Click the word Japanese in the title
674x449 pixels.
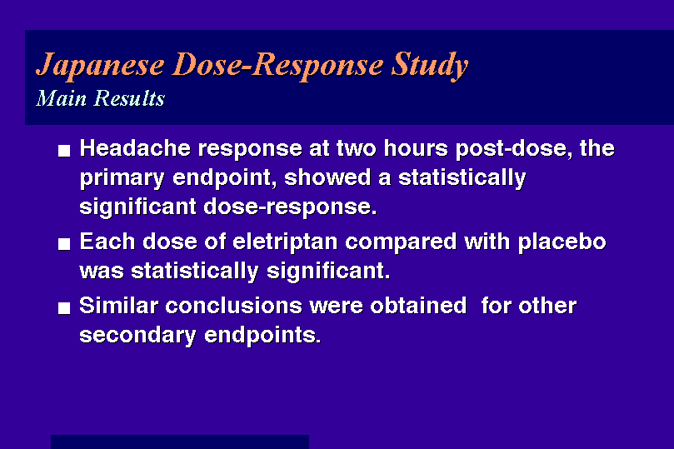point(100,65)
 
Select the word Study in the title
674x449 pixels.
point(430,65)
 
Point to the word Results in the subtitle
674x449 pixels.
point(129,98)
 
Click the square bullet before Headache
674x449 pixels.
point(64,151)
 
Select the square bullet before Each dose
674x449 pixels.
point(64,244)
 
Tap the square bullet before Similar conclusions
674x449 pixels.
point(64,308)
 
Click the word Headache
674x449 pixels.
point(135,148)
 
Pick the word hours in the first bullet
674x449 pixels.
point(416,148)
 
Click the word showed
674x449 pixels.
point(327,177)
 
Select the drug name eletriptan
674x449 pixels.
point(285,242)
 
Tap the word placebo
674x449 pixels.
point(562,242)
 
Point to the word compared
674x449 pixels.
point(401,242)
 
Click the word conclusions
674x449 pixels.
point(234,306)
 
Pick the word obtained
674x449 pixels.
point(418,306)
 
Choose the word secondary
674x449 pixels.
point(137,336)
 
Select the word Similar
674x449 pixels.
point(119,306)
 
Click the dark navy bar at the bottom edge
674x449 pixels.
point(180,442)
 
